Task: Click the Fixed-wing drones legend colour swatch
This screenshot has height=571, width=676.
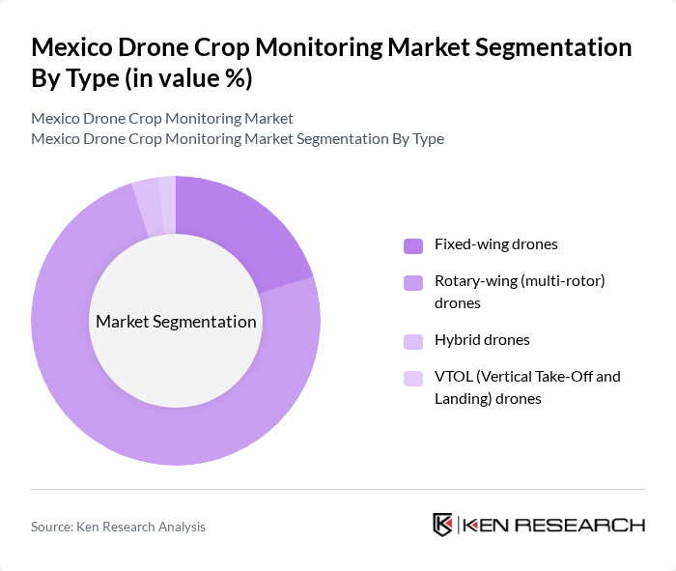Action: tap(412, 245)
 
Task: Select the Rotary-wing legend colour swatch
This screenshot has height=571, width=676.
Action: tap(412, 282)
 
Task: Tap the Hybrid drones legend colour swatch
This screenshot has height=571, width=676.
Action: tap(412, 341)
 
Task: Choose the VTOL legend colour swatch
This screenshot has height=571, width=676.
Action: tap(412, 378)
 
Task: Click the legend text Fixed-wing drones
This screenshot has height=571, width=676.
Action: tap(496, 244)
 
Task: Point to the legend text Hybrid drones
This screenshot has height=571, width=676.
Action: tap(482, 340)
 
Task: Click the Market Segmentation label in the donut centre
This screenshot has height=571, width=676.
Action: tap(176, 322)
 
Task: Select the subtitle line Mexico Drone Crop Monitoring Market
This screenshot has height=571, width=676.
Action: tap(162, 119)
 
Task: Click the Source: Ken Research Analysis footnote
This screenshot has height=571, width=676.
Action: tap(118, 527)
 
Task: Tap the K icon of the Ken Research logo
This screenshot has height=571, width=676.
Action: tap(443, 525)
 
